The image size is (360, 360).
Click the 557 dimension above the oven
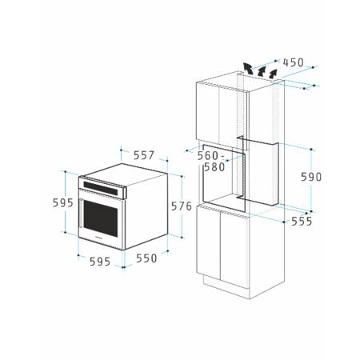point(143,156)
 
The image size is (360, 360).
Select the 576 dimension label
point(182,206)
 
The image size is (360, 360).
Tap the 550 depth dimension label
point(145,258)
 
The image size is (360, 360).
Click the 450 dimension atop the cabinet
point(293,62)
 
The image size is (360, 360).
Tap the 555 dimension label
point(301,221)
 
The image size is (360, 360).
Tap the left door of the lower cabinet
point(210,244)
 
